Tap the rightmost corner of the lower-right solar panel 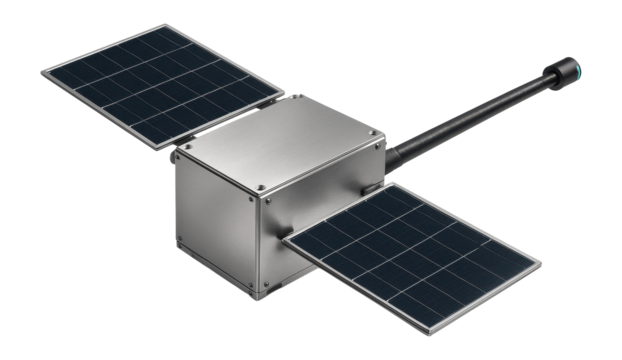click(541, 266)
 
